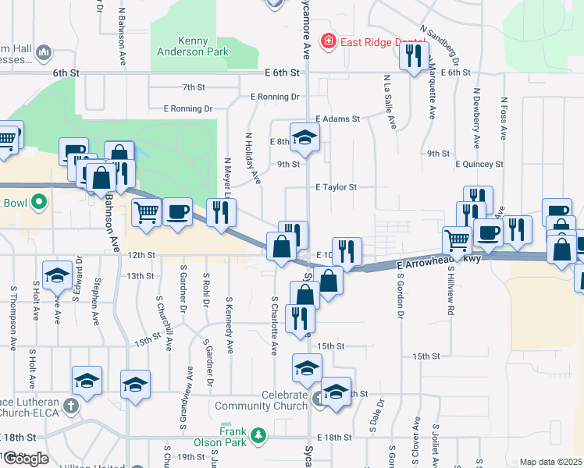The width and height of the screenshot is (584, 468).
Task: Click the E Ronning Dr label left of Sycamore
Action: (x=276, y=97)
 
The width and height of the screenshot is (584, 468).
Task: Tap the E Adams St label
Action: (x=337, y=119)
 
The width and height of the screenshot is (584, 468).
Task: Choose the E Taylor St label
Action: (x=336, y=187)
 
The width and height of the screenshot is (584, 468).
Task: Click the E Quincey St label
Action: (x=479, y=164)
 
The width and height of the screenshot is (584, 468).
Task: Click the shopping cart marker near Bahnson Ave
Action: (x=147, y=212)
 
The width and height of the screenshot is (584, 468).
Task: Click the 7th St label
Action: (x=192, y=87)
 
